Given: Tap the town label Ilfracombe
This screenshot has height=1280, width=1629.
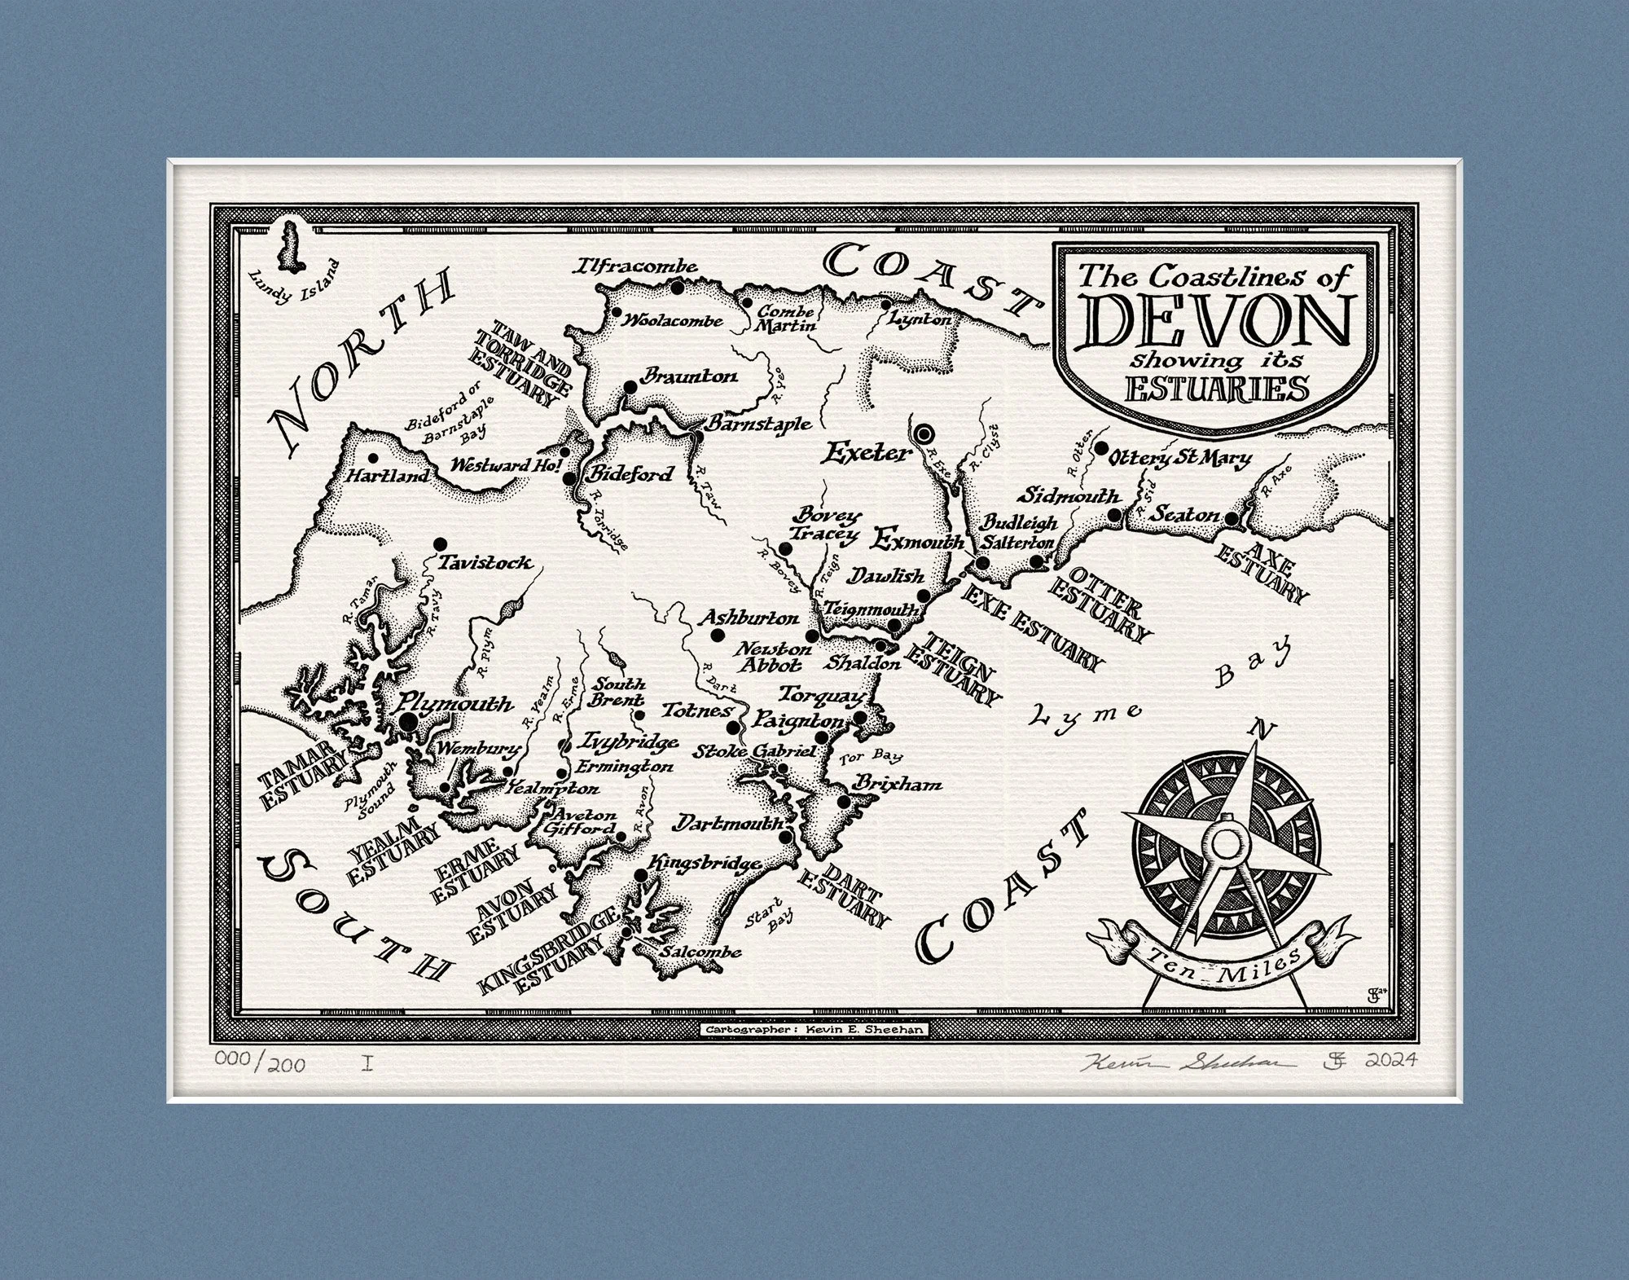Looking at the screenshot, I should pyautogui.click(x=637, y=267).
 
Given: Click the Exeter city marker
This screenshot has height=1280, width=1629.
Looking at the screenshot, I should pyautogui.click(x=925, y=434).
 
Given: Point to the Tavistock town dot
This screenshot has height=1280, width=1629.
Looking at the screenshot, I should pyautogui.click(x=441, y=543).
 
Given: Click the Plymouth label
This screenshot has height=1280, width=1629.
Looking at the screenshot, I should pyautogui.click(x=456, y=703).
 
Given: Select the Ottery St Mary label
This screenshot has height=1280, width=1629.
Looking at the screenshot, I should pyautogui.click(x=1181, y=459).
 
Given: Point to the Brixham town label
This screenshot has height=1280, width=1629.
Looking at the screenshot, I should pyautogui.click(x=896, y=784).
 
